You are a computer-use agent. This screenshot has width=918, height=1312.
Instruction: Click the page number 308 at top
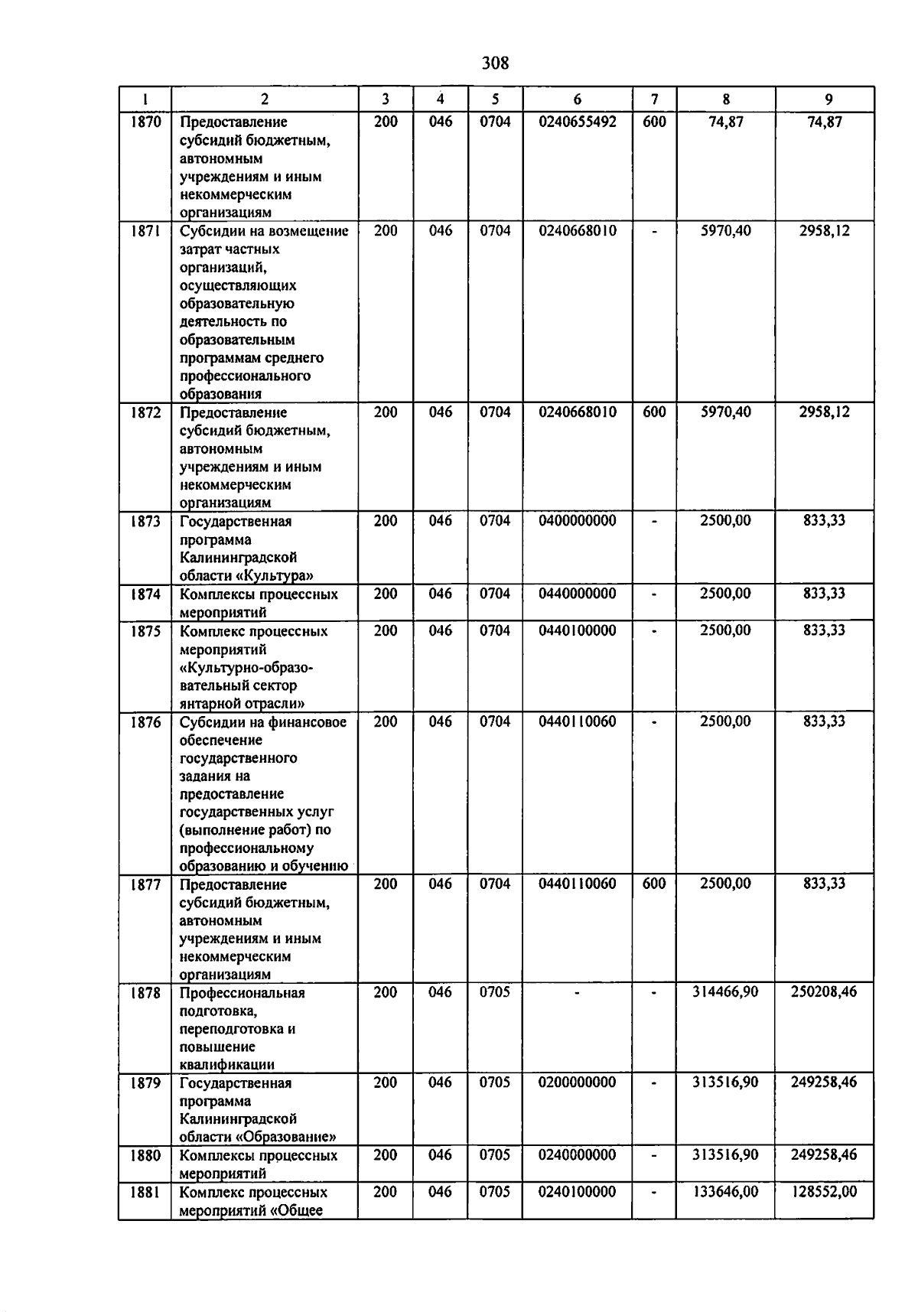(495, 63)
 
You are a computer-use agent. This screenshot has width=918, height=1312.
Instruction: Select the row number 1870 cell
(145, 122)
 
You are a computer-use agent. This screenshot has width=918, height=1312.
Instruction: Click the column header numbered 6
(577, 99)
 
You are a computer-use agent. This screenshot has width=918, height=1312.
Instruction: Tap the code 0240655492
(577, 122)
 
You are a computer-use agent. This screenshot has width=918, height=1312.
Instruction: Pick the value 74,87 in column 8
(725, 122)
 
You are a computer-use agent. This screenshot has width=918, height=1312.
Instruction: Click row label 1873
(145, 521)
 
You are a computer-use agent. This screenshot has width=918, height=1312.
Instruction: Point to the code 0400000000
(577, 521)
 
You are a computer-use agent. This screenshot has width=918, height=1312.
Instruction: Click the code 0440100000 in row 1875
(577, 630)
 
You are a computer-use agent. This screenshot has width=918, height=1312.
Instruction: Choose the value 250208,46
(824, 992)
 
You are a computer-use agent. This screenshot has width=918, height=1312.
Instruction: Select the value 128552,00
(824, 1192)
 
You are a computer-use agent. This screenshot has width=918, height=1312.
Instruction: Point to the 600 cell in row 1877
(654, 884)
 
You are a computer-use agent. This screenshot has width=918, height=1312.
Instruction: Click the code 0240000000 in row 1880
(577, 1155)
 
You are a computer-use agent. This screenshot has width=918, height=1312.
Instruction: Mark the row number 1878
(145, 993)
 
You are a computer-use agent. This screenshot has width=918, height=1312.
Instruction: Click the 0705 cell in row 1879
(495, 1082)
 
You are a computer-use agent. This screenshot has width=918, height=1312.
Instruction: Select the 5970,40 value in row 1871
(725, 231)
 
